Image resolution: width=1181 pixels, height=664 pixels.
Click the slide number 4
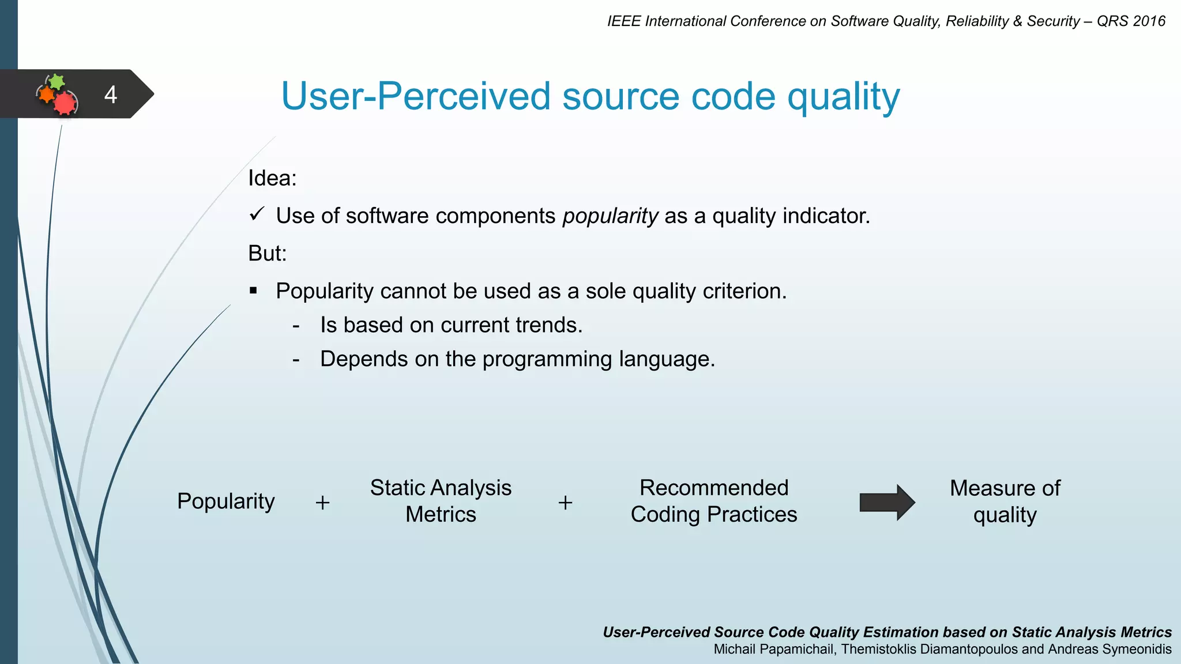click(111, 95)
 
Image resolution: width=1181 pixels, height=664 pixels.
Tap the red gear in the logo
click(65, 103)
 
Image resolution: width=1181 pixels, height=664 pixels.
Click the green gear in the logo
click(57, 82)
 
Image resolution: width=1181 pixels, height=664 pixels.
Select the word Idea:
click(272, 178)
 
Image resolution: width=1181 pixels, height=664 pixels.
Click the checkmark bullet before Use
click(257, 214)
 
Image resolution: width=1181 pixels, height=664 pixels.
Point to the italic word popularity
click(610, 216)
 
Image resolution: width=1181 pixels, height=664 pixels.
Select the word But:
click(267, 254)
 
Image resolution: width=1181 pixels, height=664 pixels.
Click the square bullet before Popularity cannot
click(253, 290)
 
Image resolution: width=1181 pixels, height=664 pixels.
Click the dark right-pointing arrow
click(886, 502)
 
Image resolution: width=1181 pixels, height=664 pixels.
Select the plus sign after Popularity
click(323, 503)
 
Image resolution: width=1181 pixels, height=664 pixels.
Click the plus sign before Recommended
click(565, 503)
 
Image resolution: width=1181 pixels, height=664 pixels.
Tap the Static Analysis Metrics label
click(441, 501)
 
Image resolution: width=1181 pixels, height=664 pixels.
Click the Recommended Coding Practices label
click(713, 501)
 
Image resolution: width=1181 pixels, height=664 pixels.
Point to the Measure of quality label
click(1005, 501)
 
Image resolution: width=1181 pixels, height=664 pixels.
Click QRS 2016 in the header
click(1130, 21)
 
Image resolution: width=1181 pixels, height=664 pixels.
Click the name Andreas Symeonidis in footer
click(1109, 650)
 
